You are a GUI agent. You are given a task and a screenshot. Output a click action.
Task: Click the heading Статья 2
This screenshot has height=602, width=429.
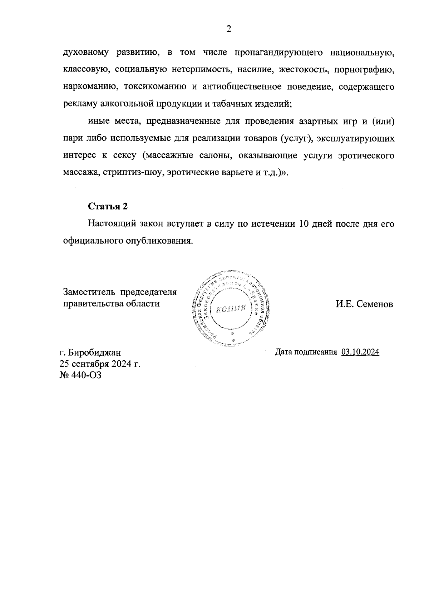108,206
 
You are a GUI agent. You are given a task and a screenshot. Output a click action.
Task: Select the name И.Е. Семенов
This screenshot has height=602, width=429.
364,304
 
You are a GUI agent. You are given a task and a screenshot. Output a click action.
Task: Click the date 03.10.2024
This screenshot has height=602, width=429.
360,352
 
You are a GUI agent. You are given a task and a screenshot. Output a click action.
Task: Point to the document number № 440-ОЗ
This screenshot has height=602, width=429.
80,375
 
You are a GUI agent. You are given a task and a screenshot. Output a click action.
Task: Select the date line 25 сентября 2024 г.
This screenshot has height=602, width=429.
100,364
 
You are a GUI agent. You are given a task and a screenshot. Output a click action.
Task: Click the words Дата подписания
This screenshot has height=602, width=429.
306,352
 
